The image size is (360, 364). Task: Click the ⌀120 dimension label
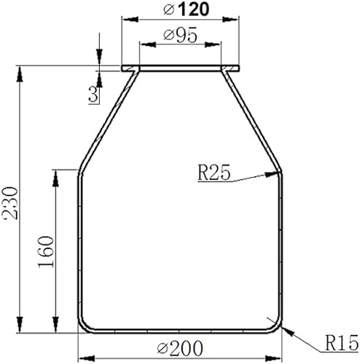[x=186, y=9]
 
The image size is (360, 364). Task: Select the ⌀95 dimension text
[x=180, y=36]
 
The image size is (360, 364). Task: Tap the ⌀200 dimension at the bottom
[x=180, y=349]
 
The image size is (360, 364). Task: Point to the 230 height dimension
[x=11, y=203]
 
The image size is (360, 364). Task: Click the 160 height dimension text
[x=46, y=252]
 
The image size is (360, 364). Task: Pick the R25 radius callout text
[x=214, y=173]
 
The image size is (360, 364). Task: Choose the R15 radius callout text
[x=342, y=343]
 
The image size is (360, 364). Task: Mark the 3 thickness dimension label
[x=93, y=94]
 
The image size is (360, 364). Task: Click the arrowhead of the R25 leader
[x=272, y=174]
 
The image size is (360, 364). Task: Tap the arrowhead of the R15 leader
[x=286, y=331]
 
